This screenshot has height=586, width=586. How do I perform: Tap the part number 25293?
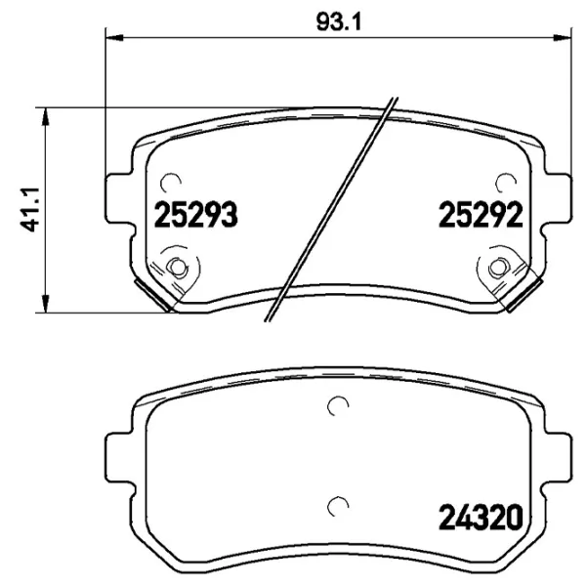[195, 215]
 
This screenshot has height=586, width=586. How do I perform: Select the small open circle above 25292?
[506, 182]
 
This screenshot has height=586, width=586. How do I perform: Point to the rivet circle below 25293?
[177, 268]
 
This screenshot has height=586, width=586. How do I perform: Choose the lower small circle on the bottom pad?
[338, 504]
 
